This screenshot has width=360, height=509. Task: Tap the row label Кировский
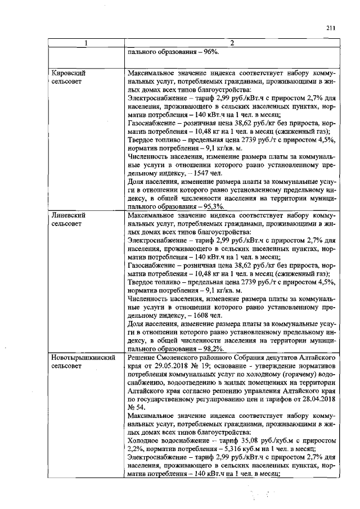pos(69,74)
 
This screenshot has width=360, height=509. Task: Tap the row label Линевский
pos(68,215)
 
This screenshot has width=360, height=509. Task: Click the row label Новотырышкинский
pos(83,357)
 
